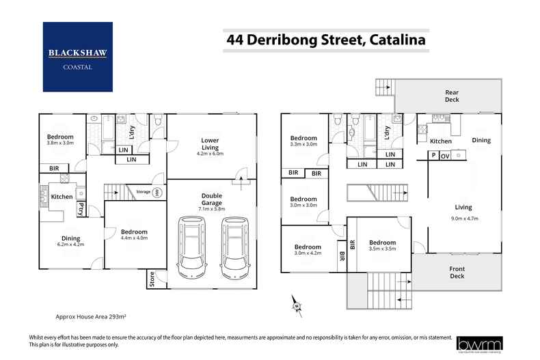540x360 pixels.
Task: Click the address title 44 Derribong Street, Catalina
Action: [326, 40]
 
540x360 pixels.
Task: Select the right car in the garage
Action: [234, 247]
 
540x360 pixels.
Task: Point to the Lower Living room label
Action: [210, 144]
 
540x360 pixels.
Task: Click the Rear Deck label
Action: [452, 96]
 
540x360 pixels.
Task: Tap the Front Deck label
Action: [456, 272]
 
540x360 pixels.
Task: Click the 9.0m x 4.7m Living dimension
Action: [464, 219]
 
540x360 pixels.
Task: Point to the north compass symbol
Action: [295, 303]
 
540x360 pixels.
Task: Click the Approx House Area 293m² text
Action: [92, 318]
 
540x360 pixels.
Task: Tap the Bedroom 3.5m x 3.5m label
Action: [382, 246]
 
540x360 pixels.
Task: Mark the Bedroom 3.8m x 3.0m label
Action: [60, 140]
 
